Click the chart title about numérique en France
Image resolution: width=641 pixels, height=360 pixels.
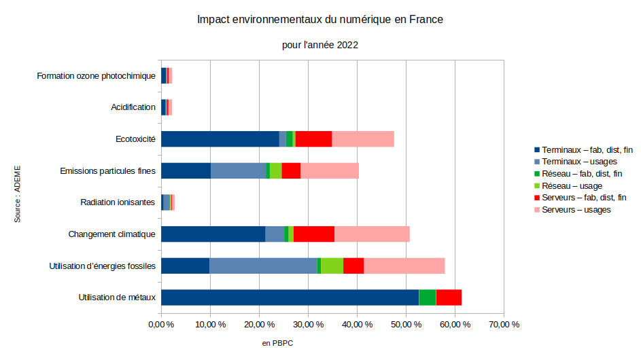[320, 20]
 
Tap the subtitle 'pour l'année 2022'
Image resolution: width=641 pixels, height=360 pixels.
[320, 45]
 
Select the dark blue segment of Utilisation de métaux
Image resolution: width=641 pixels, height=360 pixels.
[290, 298]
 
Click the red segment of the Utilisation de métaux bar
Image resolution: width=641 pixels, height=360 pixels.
[449, 298]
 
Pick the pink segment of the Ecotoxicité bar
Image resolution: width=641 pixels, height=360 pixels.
[363, 139]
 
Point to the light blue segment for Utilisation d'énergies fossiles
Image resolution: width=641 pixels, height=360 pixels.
[263, 266]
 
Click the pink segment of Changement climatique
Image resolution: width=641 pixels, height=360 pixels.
[372, 234]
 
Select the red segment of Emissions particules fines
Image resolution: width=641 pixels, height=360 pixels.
[291, 170]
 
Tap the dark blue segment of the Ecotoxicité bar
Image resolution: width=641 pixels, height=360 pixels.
[220, 139]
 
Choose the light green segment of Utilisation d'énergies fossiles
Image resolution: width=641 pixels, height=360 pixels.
[332, 266]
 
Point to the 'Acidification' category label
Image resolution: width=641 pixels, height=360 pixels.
[133, 107]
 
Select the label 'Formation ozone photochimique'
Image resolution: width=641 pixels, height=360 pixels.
[97, 75]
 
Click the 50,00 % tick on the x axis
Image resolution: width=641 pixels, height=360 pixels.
[406, 325]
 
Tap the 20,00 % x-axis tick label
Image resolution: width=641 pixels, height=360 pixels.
[259, 325]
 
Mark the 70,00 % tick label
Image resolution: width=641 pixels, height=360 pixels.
[503, 325]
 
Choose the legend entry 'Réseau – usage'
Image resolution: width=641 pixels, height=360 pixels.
[572, 185]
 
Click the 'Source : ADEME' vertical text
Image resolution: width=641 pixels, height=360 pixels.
[18, 193]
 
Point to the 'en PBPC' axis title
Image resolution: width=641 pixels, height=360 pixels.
[277, 344]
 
